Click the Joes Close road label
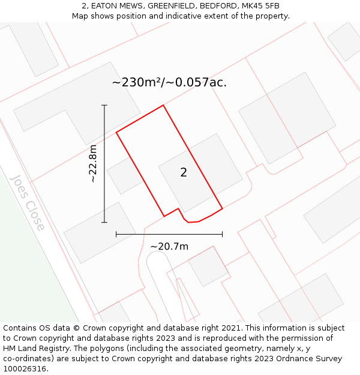pos(28,203)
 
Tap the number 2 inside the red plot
pos(184,173)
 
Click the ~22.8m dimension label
pos(92,164)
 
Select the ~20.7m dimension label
pos(169,247)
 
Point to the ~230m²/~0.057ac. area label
pos(169,82)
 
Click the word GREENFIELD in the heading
pos(166,6)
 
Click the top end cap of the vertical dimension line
pos(104,106)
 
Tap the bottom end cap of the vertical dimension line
pos(104,223)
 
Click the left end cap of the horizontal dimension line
pos(116,234)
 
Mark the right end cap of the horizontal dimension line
pos(222,234)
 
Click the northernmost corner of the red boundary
pos(163,106)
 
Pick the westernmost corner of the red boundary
pos(116,132)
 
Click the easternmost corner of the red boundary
pos(222,208)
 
